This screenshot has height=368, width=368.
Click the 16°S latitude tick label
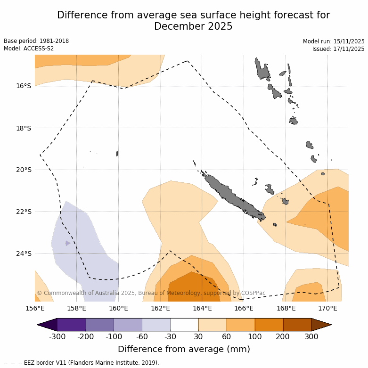(22, 86)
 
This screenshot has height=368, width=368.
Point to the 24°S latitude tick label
(22, 254)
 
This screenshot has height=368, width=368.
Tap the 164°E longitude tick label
(202, 308)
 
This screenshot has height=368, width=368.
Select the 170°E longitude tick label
(327, 308)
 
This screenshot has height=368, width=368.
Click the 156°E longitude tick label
(35, 308)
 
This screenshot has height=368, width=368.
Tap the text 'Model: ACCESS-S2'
(29, 49)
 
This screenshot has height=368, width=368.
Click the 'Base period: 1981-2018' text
(36, 41)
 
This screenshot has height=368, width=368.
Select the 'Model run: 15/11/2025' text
(334, 41)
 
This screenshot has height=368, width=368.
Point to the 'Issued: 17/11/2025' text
(338, 49)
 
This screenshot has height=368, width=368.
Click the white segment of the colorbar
(184, 325)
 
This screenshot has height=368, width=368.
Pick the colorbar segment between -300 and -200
(71, 325)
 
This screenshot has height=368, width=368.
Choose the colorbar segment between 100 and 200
(269, 325)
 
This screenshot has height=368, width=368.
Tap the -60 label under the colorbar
(142, 336)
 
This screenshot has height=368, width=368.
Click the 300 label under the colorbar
(311, 336)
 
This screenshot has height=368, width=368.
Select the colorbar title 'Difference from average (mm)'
(184, 349)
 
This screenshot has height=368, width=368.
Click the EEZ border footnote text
(81, 363)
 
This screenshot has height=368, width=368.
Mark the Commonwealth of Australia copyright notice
(151, 293)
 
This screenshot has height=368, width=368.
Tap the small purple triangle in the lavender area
(68, 243)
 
